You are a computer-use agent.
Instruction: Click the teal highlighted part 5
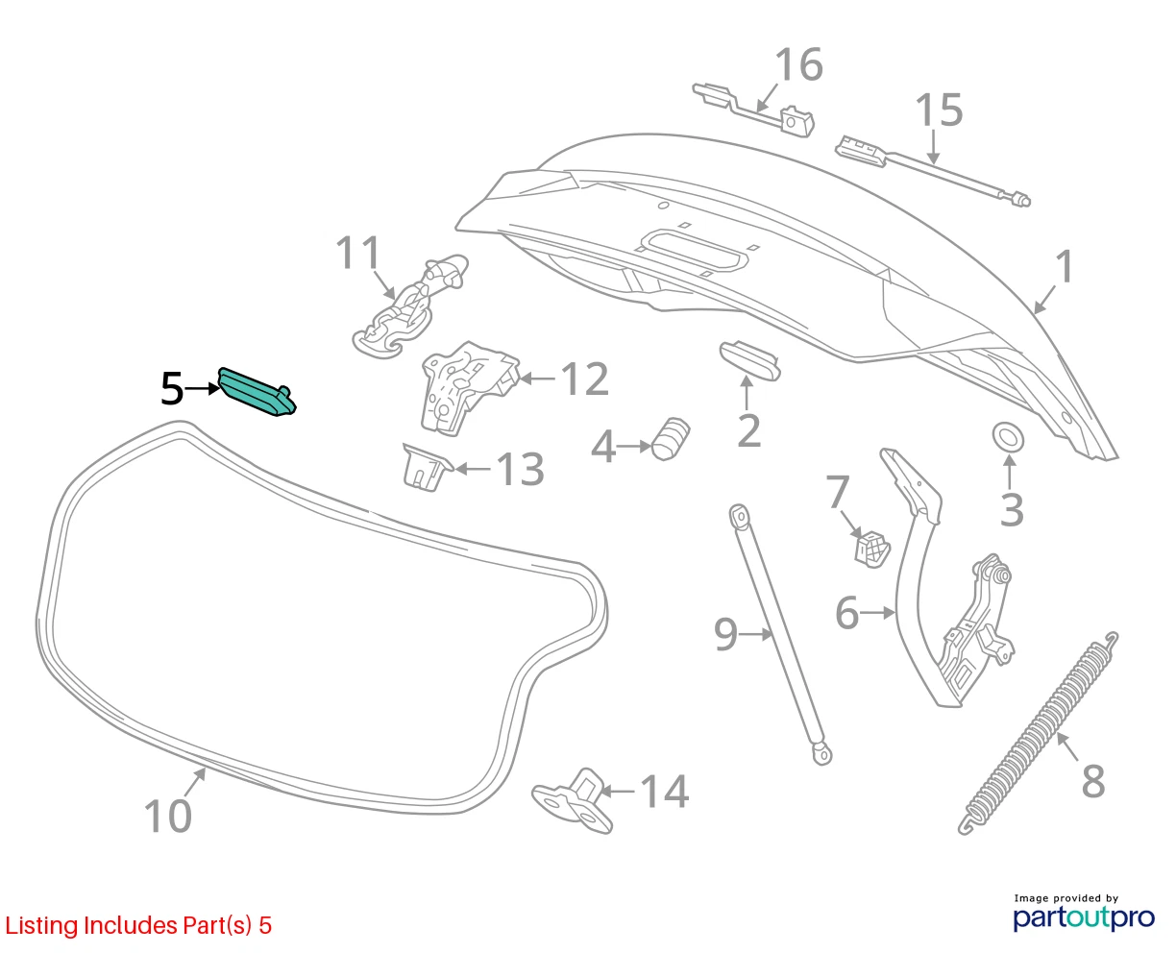(x=257, y=392)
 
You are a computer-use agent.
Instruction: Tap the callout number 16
(x=799, y=65)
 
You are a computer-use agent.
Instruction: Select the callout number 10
(x=168, y=816)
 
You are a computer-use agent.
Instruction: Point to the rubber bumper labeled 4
(x=671, y=438)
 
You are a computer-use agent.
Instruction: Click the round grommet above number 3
(x=1008, y=438)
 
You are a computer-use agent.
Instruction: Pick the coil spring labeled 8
(x=1039, y=734)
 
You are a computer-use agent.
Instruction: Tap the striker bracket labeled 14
(x=573, y=800)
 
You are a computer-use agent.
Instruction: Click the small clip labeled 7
(x=872, y=549)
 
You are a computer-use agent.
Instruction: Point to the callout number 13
(x=520, y=469)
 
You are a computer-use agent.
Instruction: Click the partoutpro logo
(x=1085, y=916)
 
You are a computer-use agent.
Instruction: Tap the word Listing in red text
(x=41, y=925)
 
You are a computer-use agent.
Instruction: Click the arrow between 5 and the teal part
(x=202, y=389)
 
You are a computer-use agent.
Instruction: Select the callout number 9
(x=725, y=634)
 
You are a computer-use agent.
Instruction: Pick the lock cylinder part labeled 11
(x=411, y=305)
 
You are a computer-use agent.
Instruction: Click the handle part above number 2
(x=749, y=361)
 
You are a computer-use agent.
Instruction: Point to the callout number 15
(x=939, y=110)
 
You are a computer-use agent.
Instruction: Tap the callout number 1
(x=1065, y=267)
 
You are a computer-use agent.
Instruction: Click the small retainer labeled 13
(x=427, y=467)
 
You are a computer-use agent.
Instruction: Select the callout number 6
(x=847, y=612)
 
